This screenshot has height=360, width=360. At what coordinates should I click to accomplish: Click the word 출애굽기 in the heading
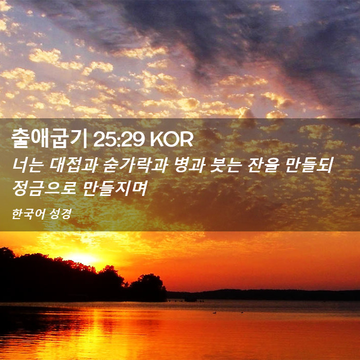click(49, 139)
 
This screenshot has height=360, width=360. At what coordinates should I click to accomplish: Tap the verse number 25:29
click(119, 139)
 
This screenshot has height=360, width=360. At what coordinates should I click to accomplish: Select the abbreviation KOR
click(171, 139)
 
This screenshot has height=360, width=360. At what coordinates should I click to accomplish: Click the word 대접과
click(74, 165)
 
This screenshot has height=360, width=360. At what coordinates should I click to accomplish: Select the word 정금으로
click(44, 188)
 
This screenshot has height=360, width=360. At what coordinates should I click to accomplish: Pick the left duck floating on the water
click(214, 312)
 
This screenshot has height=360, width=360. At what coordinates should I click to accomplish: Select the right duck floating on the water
click(242, 312)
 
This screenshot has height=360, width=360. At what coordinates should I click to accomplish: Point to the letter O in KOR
click(171, 139)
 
